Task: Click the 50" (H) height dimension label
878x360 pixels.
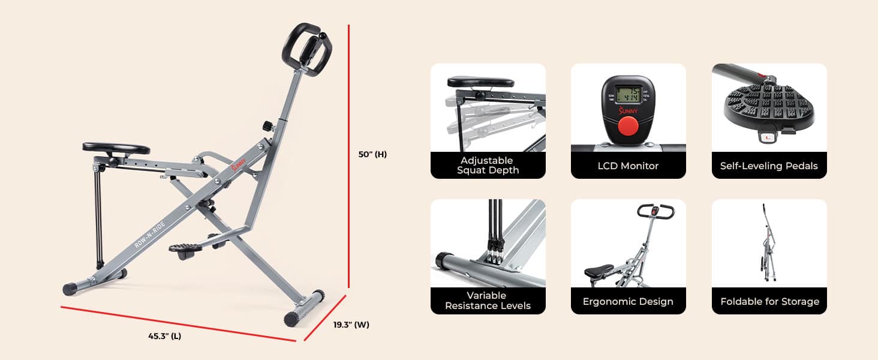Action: [372, 154]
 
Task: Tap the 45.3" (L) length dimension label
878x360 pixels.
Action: [164, 337]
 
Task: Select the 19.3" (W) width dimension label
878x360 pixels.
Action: [351, 325]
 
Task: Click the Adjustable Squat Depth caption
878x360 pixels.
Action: [488, 165]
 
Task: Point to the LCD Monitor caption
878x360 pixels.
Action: [628, 166]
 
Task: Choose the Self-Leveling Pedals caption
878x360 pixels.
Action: [769, 166]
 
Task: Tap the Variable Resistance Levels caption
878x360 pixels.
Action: [488, 301]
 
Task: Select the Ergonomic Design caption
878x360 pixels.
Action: [628, 301]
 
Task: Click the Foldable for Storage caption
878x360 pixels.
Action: [769, 301]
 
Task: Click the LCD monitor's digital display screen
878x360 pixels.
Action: [628, 95]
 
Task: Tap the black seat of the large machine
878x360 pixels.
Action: [116, 148]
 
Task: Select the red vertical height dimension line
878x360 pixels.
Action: [349, 156]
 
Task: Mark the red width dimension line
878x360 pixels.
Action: [324, 317]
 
